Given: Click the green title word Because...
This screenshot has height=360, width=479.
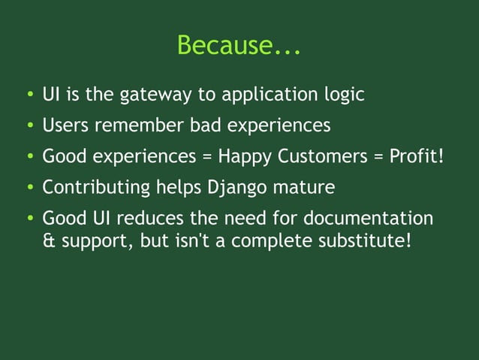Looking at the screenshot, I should tap(239, 46).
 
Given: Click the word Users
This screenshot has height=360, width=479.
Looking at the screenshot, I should tap(65, 125).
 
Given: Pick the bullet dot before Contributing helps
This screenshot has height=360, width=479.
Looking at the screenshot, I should tap(27, 188).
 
